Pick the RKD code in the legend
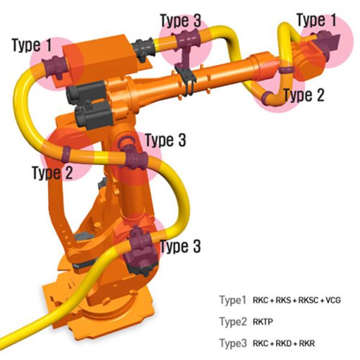[286, 343]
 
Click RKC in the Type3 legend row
[263, 343]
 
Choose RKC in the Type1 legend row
[263, 300]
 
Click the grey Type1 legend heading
[233, 300]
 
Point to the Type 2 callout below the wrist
[304, 95]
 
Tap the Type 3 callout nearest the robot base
[179, 246]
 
